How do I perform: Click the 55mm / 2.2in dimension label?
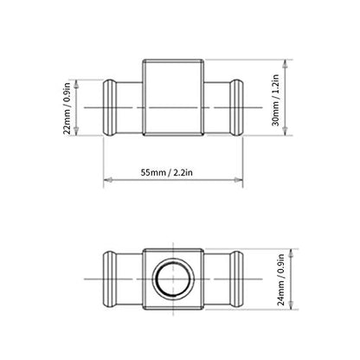[167, 172]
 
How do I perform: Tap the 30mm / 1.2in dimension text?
[276, 100]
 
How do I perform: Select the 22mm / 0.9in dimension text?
[67, 108]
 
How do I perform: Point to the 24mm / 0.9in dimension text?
[281, 280]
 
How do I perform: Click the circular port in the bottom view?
[173, 279]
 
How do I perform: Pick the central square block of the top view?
[173, 97]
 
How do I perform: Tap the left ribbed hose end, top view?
[110, 107]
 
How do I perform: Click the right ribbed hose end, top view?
[236, 107]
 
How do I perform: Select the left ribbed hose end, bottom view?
[110, 279]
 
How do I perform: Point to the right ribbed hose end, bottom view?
[236, 279]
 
